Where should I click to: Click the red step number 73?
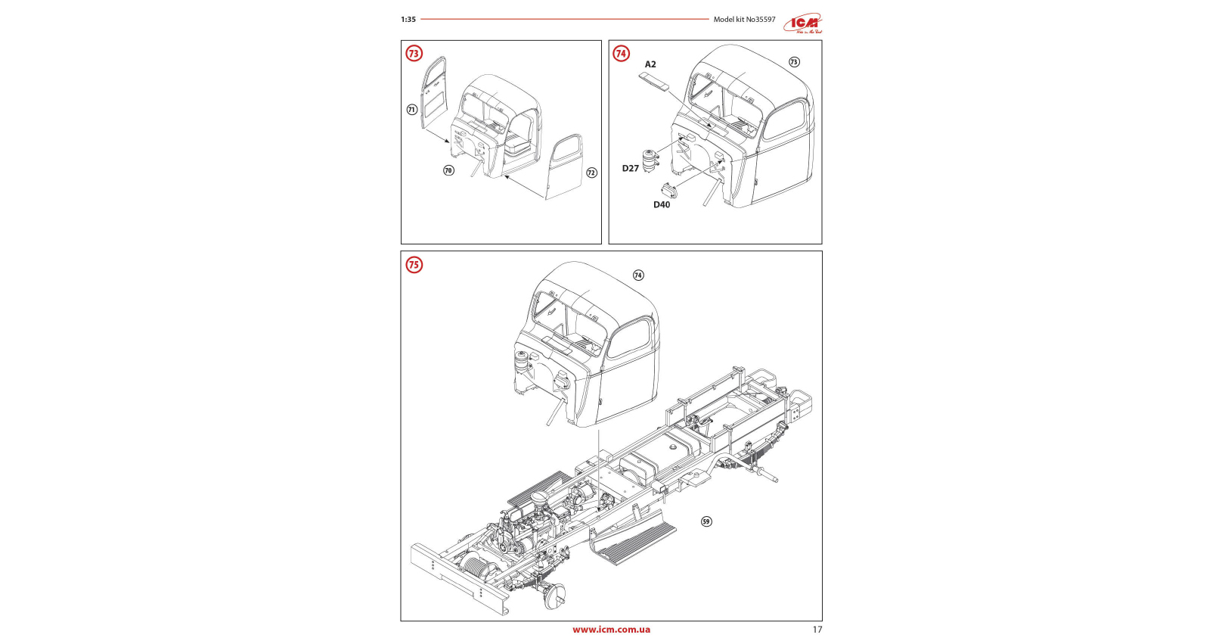[414, 54]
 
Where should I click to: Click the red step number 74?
[621, 54]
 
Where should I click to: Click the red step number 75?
[414, 265]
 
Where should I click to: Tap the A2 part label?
[650, 64]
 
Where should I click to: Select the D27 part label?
[630, 169]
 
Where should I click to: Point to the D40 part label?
[662, 204]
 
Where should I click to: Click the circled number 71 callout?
[412, 110]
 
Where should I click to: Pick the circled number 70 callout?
[448, 170]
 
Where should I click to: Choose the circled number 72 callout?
[591, 173]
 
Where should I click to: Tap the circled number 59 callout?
[706, 521]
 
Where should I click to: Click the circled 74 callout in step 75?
[638, 275]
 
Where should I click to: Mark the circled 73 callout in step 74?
[794, 62]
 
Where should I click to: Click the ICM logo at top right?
[802, 23]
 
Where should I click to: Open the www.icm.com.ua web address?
[611, 630]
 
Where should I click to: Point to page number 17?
[817, 630]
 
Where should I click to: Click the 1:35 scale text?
[408, 20]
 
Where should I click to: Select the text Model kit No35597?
[744, 20]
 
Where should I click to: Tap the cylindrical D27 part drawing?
[649, 160]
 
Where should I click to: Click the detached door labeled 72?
[564, 166]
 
